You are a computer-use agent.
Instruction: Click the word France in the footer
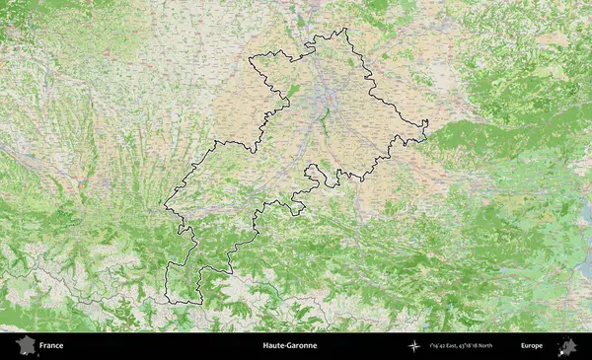(51, 346)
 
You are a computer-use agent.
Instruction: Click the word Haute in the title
(274, 346)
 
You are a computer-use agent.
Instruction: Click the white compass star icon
(413, 346)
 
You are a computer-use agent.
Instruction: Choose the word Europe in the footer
(532, 346)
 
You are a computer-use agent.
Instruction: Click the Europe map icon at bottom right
(567, 346)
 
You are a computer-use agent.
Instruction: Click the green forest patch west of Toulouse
(292, 91)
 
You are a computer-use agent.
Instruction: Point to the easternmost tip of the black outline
(427, 124)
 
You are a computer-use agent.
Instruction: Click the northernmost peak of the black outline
(345, 30)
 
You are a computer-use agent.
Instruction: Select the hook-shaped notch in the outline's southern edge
(312, 172)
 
